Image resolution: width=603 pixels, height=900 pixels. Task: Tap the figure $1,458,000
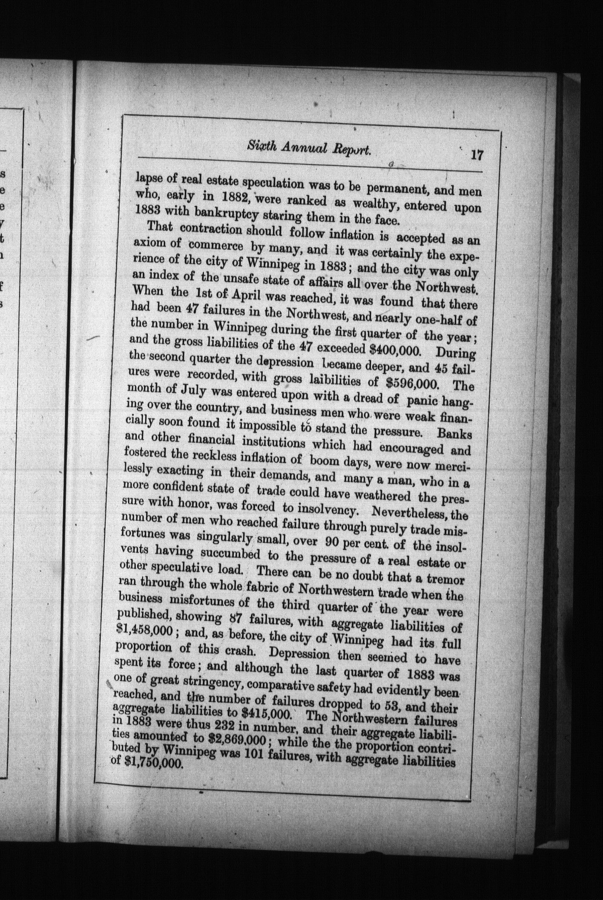click(144, 631)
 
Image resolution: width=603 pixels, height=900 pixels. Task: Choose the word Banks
click(454, 435)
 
